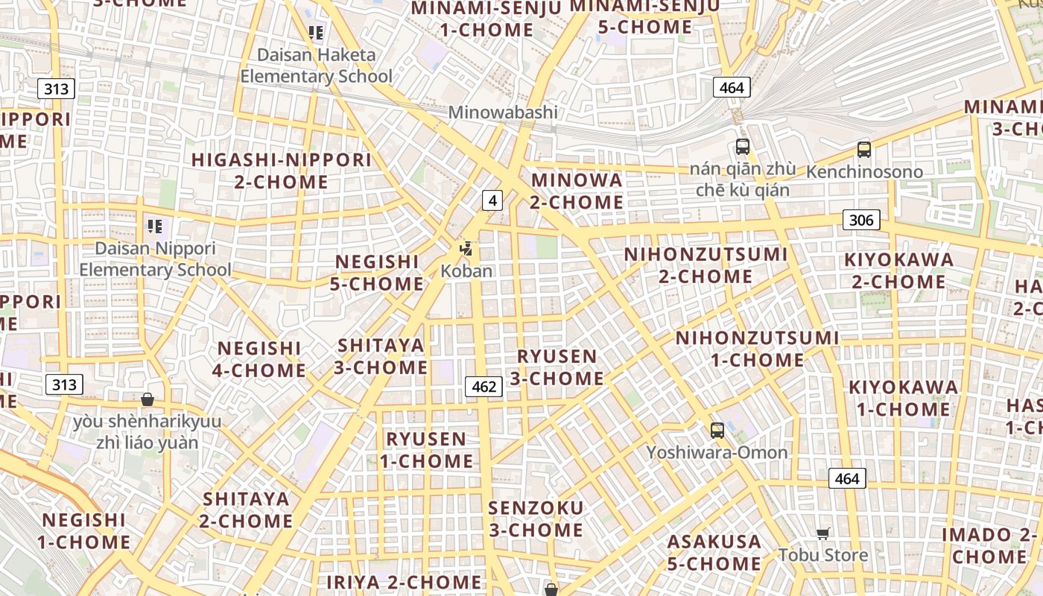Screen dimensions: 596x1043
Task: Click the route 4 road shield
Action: click(492, 200)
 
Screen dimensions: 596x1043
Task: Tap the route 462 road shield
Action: click(484, 386)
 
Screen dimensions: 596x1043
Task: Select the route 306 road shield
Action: click(861, 220)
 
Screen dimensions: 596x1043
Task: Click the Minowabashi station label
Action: click(503, 112)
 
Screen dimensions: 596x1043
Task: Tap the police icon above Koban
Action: click(466, 249)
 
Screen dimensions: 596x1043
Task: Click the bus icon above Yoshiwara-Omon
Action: click(717, 430)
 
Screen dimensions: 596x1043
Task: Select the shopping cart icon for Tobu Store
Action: click(823, 533)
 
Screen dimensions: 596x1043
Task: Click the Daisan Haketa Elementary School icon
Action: click(316, 33)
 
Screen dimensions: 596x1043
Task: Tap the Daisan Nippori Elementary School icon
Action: click(155, 226)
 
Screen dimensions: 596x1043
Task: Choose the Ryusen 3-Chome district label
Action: click(557, 367)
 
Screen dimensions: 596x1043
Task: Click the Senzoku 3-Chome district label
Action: click(536, 519)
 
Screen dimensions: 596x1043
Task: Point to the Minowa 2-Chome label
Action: click(577, 191)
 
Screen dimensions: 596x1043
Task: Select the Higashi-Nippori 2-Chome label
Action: click(282, 171)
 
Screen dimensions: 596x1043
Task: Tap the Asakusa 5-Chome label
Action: click(714, 552)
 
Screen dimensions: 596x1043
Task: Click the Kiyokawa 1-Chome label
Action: click(903, 398)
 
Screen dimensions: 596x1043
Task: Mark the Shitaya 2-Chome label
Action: click(246, 510)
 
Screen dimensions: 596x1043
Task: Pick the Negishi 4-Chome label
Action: click(259, 359)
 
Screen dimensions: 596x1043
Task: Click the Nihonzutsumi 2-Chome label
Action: click(706, 265)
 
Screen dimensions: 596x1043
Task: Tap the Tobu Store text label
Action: click(823, 555)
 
